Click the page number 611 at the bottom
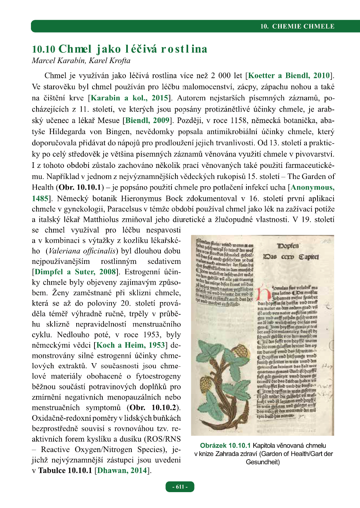(180, 487)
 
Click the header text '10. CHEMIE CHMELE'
(297, 27)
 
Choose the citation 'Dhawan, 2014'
(124, 471)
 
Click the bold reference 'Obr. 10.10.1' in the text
(81, 187)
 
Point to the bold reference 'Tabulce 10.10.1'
(63, 471)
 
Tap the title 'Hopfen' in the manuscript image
(294, 246)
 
